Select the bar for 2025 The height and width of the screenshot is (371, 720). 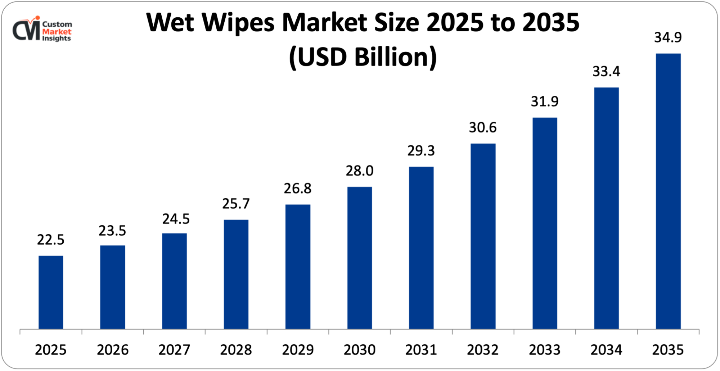[51, 292]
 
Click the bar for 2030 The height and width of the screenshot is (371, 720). [360, 258]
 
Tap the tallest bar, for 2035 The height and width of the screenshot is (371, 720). [668, 191]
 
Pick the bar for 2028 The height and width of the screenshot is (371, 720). [236, 274]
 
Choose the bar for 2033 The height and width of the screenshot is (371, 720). [545, 223]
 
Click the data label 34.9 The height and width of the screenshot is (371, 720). [668, 38]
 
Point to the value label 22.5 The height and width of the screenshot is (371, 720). [51, 240]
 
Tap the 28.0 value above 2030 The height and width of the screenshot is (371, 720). [360, 171]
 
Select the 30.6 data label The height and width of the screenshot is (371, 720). [483, 128]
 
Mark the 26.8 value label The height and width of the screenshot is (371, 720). [298, 189]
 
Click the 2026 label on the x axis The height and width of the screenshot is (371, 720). [113, 350]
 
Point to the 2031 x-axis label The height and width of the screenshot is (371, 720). [421, 350]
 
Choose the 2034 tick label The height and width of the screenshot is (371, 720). [606, 350]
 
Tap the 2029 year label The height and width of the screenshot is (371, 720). [298, 350]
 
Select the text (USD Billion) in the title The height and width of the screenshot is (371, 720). [363, 57]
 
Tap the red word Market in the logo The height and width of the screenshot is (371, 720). [57, 32]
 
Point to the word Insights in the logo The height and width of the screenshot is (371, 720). [57, 39]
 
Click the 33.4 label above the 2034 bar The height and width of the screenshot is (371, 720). [606, 72]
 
